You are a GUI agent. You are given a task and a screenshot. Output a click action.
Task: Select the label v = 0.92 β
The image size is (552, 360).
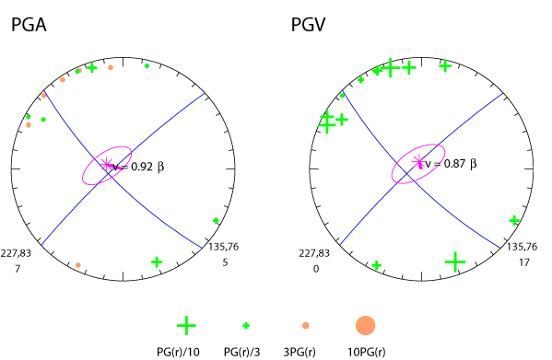138,168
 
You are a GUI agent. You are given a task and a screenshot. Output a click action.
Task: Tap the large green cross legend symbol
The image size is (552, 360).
186,325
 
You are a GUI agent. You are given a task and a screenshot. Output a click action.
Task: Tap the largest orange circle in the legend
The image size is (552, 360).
365,325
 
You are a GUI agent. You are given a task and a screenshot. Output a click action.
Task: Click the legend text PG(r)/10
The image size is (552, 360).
185,351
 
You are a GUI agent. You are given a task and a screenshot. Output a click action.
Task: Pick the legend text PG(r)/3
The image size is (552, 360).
244,351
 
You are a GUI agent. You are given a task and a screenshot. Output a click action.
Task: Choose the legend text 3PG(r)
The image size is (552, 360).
305,351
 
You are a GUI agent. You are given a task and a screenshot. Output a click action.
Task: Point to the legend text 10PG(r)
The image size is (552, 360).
365,351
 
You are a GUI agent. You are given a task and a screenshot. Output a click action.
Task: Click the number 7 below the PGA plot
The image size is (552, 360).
18,269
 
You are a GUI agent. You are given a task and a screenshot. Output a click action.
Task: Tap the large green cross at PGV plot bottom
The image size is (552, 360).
454,262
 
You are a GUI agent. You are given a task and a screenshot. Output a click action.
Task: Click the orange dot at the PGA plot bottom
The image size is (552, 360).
78,265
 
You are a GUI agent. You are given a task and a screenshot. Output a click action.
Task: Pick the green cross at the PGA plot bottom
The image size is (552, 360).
157,262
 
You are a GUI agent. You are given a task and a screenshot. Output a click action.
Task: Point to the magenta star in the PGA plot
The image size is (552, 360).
107,165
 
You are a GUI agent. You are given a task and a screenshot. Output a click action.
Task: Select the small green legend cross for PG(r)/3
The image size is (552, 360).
246,325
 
